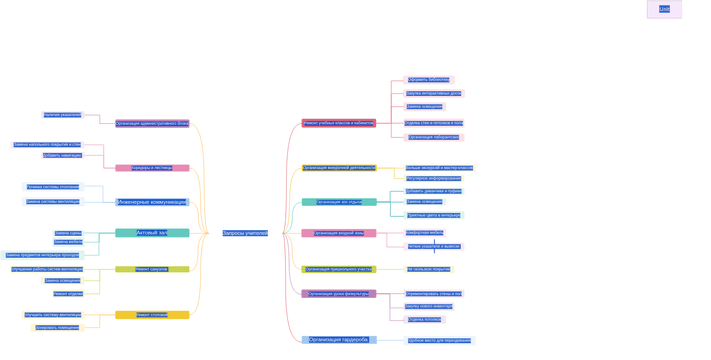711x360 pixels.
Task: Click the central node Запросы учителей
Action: (x=245, y=233)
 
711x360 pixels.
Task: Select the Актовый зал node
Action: (x=152, y=233)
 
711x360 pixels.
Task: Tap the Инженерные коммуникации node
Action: (x=152, y=202)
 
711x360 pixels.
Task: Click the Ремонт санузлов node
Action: (x=152, y=269)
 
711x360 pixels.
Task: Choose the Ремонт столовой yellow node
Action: (x=152, y=315)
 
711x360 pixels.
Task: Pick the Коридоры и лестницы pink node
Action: (x=152, y=168)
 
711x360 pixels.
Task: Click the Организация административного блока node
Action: (x=152, y=124)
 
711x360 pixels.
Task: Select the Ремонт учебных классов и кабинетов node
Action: (x=339, y=124)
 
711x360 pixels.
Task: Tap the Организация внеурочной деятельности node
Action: (x=339, y=168)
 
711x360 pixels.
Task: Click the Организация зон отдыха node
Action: (x=339, y=202)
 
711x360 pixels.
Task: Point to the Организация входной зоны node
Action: (x=339, y=233)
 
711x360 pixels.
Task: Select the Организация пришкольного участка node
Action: (x=339, y=269)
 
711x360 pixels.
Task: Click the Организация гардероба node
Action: (x=339, y=340)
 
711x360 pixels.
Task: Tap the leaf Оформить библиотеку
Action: (x=428, y=80)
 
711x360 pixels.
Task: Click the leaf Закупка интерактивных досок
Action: (x=433, y=93)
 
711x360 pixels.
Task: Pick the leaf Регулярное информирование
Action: (x=433, y=179)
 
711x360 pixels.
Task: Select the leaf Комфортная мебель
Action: (x=424, y=232)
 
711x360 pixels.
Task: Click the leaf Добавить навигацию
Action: (x=62, y=156)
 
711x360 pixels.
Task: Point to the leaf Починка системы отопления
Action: (x=52, y=187)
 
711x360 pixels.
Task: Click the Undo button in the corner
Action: (x=664, y=9)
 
